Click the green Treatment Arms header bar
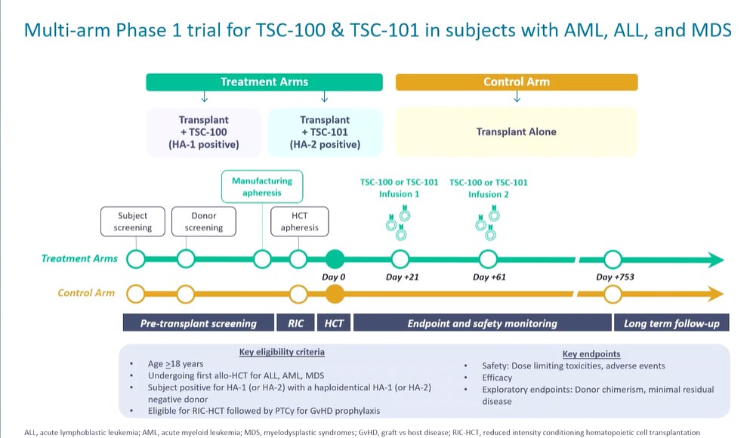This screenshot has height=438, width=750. tap(264, 82)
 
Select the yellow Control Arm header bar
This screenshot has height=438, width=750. tap(517, 82)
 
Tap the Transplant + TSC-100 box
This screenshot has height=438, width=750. tap(204, 131)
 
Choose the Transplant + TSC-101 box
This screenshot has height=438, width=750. tap(325, 131)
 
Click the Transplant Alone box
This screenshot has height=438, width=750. tap(517, 131)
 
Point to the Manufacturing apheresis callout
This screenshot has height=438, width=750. tap(261, 187)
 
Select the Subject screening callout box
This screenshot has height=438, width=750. tap(133, 221)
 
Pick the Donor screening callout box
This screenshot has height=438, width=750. tap(204, 221)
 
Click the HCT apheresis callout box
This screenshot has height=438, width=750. tap(299, 221)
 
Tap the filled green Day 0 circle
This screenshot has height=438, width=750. tap(335, 260)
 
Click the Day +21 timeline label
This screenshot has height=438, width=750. tap(402, 277)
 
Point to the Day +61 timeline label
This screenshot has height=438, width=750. tap(489, 277)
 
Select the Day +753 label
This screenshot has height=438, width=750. tap(614, 277)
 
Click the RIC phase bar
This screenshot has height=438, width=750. tap(296, 323)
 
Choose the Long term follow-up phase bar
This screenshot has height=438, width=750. tap(671, 323)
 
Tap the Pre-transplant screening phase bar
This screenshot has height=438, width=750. tap(199, 323)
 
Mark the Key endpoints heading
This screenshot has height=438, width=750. tap(591, 353)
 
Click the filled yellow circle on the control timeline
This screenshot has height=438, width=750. tap(335, 292)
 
